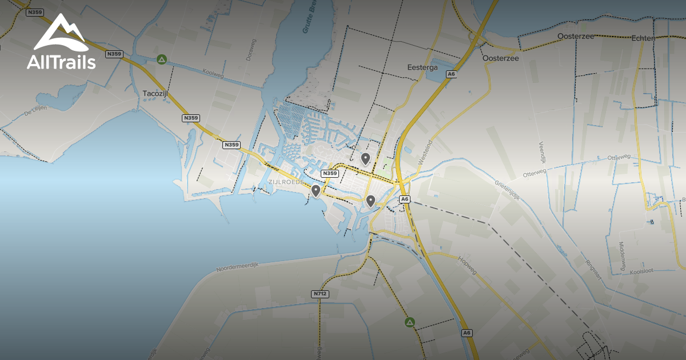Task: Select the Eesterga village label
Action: [422, 67]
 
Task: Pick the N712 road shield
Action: [321, 294]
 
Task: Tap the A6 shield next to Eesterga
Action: [452, 74]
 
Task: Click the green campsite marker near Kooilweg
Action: [162, 59]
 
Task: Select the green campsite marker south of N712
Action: [409, 322]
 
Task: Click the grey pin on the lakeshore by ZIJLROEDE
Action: [316, 190]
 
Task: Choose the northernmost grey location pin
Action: [365, 158]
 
